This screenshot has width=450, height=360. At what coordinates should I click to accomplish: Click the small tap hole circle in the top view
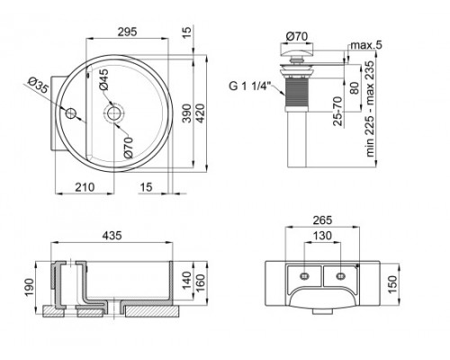pos(71,113)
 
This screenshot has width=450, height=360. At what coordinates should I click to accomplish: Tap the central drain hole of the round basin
pos(113,113)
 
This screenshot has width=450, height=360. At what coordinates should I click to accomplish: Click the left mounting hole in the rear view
pos(305,273)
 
